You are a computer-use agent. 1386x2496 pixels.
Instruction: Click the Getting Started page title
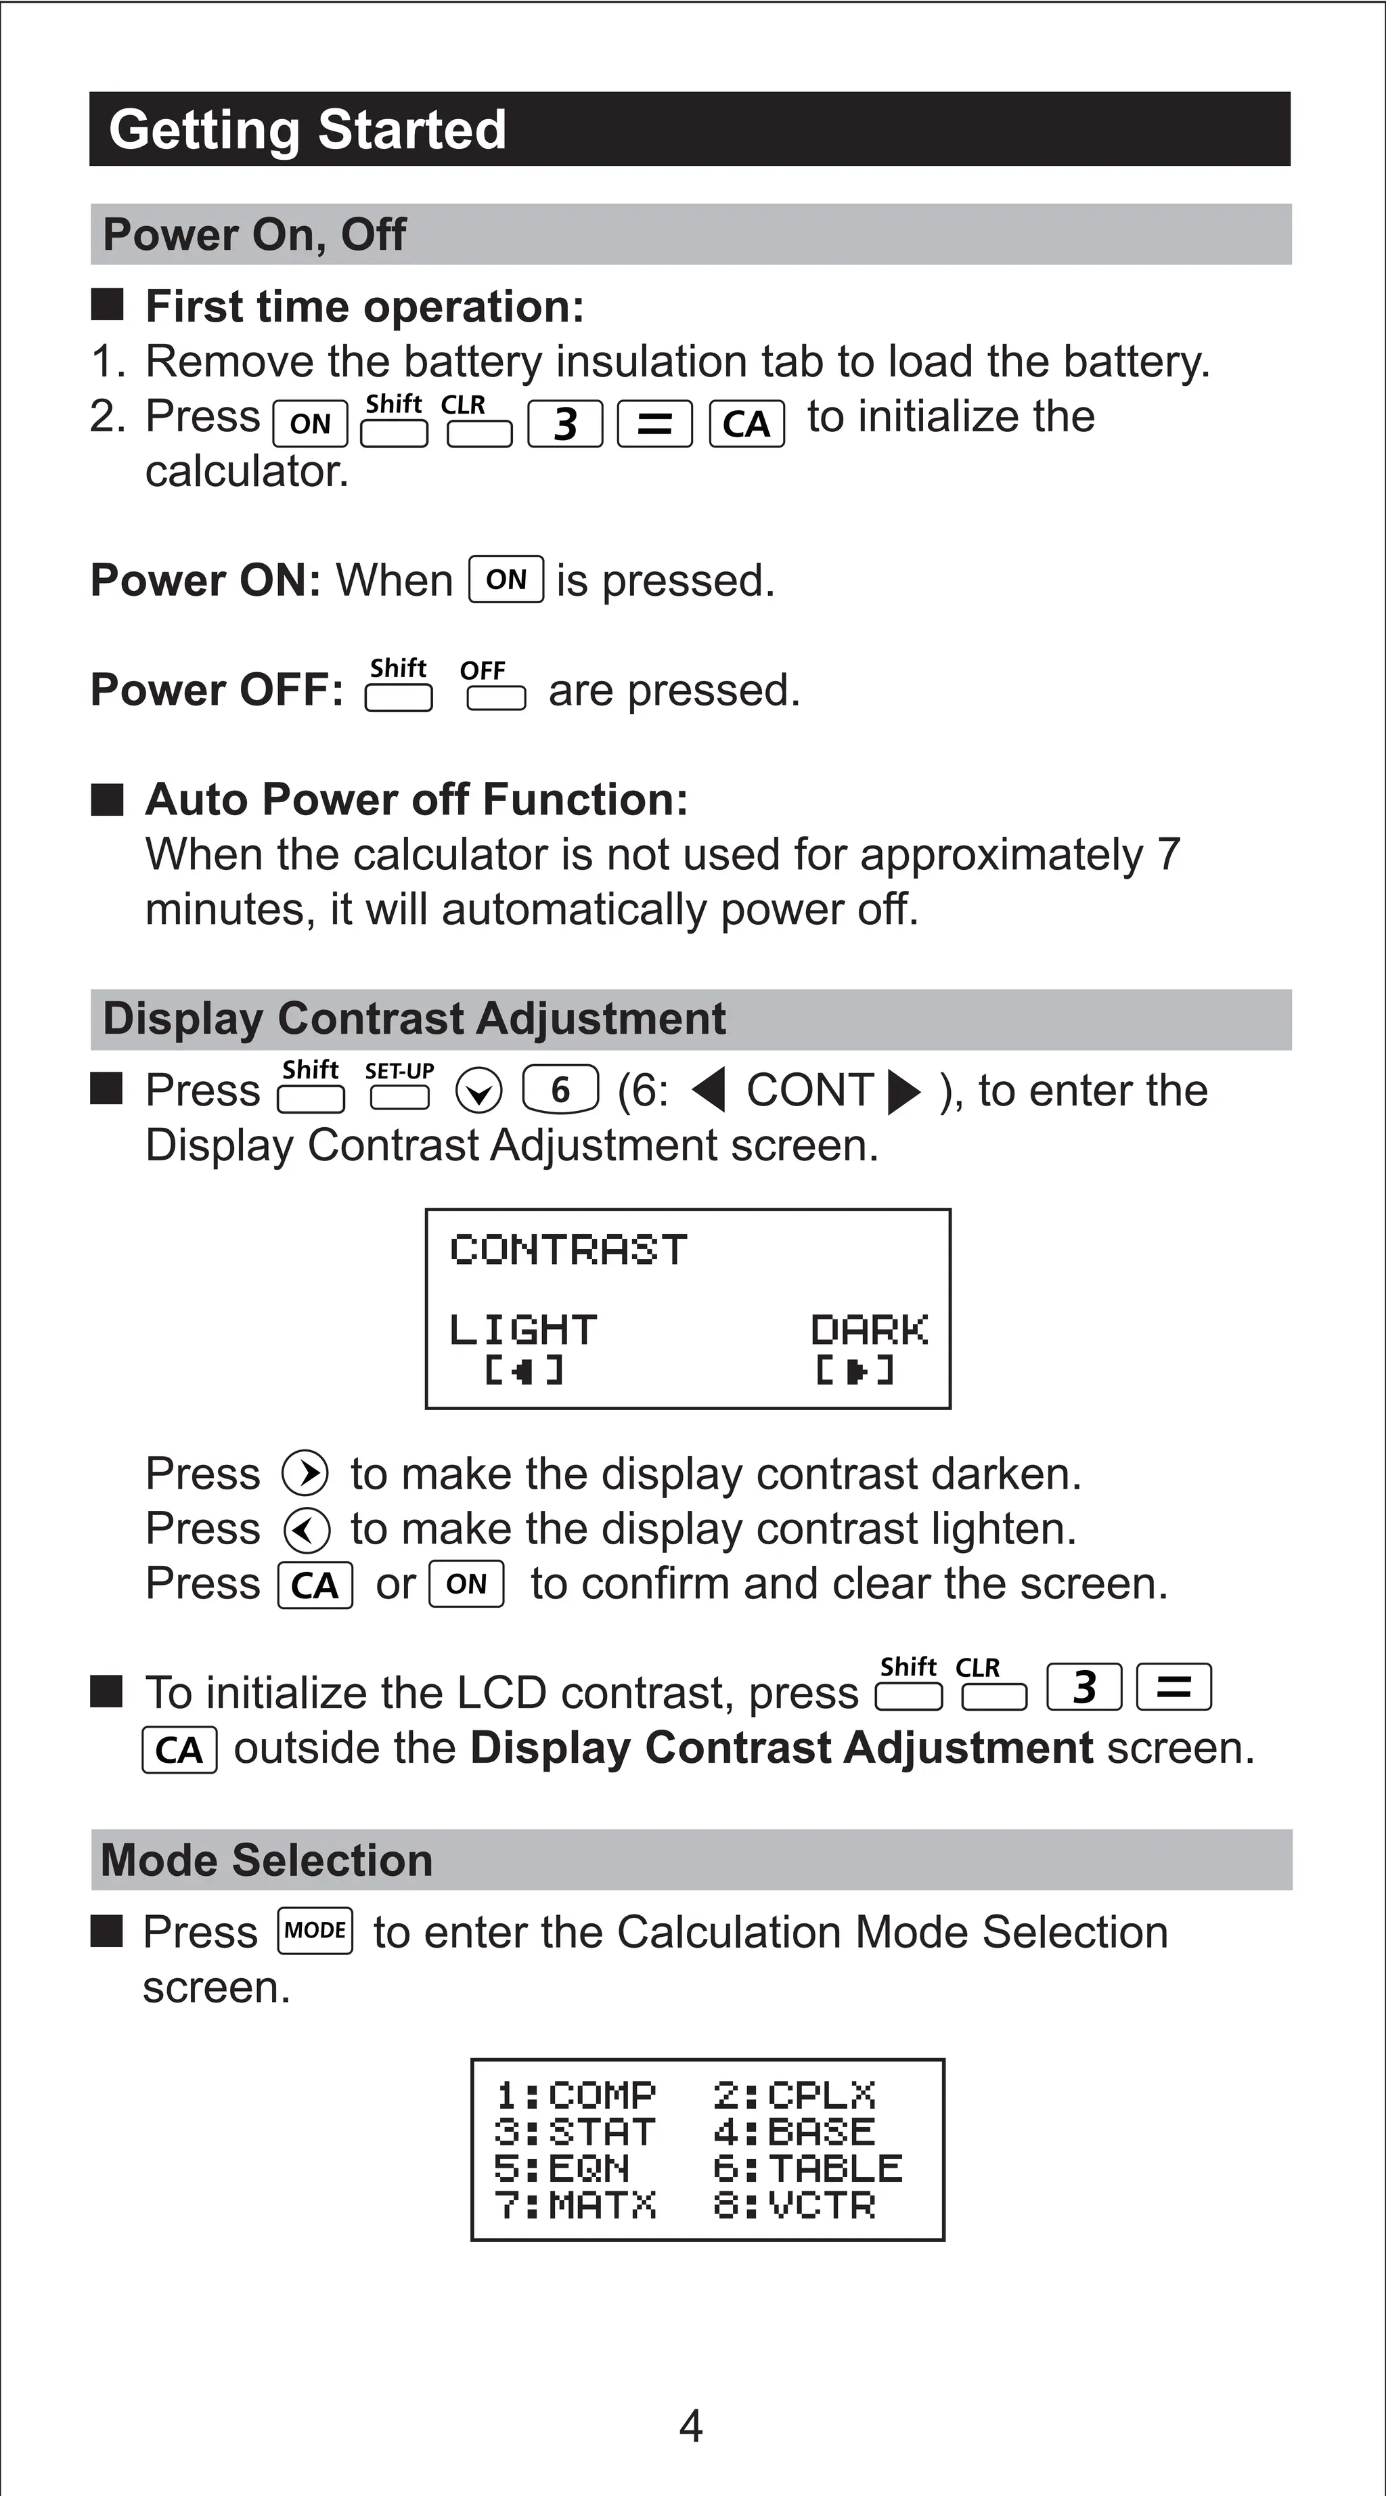pos(307,130)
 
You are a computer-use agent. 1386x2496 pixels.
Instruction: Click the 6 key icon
pos(560,1090)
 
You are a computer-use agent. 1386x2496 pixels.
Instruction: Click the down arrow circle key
pos(478,1092)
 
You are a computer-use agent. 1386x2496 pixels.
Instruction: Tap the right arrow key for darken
pos(305,1474)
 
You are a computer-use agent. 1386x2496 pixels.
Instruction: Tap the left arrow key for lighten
pos(306,1530)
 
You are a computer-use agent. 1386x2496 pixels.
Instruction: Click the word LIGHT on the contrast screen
pos(523,1330)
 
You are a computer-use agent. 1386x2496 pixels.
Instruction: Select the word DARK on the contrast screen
pos(869,1330)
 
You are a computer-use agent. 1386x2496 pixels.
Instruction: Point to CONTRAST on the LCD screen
pos(568,1250)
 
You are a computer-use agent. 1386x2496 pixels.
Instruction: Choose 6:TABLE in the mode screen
pos(807,2168)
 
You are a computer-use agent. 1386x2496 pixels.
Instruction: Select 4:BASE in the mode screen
pos(795,2132)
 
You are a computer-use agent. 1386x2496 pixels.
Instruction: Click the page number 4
pos(690,2426)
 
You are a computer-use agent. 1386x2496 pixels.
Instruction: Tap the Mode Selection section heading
pos(267,1860)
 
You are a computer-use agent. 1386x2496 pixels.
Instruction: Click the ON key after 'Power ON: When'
pos(506,579)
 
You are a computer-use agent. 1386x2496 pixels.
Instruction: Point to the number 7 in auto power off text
pos(1169,854)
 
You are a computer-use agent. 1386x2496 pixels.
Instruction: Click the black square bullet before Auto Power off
pos(108,800)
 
